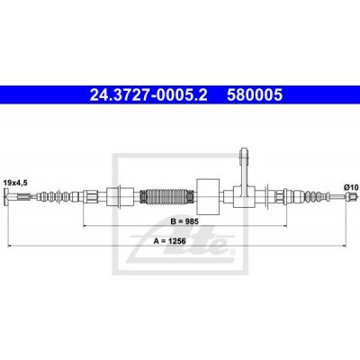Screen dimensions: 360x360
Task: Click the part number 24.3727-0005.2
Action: (148, 95)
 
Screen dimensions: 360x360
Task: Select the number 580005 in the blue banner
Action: (255, 95)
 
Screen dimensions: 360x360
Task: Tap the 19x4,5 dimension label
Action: (15, 183)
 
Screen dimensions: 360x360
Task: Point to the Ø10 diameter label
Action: (351, 187)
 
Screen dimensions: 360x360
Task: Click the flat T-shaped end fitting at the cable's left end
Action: (6, 197)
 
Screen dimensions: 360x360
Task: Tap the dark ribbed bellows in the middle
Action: (166, 197)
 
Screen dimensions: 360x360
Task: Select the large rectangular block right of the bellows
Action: (208, 196)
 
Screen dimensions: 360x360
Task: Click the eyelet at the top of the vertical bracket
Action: (244, 154)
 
